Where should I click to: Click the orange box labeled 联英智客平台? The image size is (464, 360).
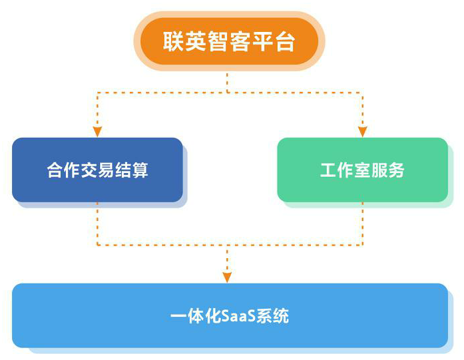pyautogui.click(x=229, y=41)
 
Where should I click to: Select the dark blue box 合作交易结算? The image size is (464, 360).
pyautogui.click(x=97, y=170)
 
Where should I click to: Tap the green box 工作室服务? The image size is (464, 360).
pyautogui.click(x=362, y=170)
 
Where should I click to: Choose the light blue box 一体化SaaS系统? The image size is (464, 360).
pyautogui.click(x=230, y=315)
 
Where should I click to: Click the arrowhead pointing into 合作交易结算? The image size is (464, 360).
pyautogui.click(x=97, y=131)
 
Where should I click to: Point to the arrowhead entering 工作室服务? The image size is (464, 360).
pyautogui.click(x=362, y=131)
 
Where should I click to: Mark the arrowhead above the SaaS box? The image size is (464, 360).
pyautogui.click(x=227, y=276)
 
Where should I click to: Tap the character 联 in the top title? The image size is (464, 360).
pyautogui.click(x=173, y=42)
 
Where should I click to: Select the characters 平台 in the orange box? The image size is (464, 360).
pyautogui.click(x=274, y=42)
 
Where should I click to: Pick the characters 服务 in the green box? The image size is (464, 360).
pyautogui.click(x=388, y=170)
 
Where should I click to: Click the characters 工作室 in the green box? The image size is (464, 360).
pyautogui.click(x=345, y=170)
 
